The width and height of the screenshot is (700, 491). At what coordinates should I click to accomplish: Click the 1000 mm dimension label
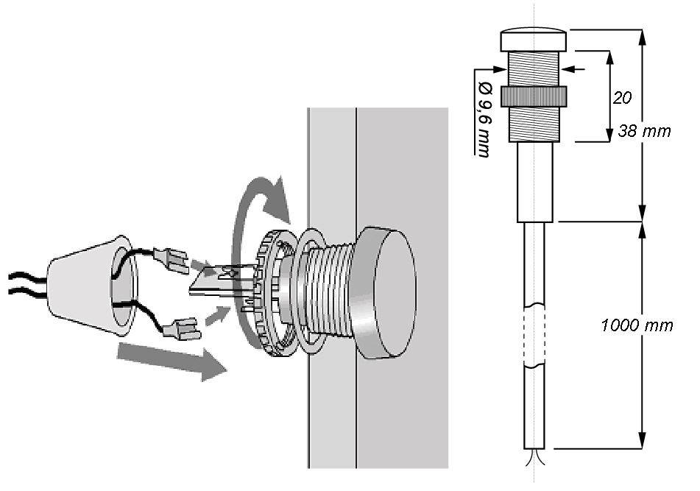click(637, 325)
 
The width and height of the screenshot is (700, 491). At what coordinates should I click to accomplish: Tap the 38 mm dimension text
click(644, 131)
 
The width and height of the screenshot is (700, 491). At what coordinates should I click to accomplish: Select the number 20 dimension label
click(622, 98)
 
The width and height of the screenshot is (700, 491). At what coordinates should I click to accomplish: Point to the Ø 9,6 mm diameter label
click(484, 120)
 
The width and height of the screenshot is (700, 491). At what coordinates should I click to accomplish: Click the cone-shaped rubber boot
click(91, 286)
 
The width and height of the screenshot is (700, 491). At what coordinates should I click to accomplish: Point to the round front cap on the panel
click(386, 292)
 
